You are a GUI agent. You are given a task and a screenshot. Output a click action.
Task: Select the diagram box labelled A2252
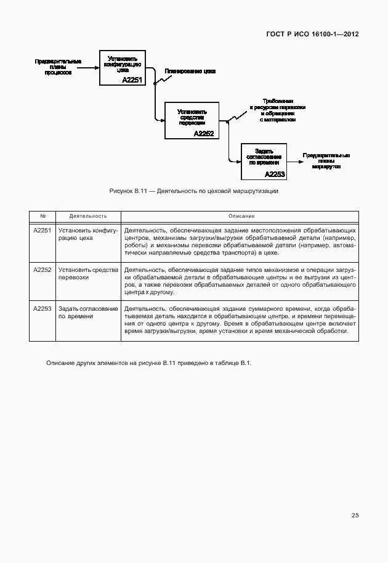tap(192, 120)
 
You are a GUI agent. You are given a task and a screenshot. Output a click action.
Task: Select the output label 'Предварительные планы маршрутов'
tap(326, 161)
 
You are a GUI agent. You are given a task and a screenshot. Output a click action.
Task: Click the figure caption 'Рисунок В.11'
tap(193, 192)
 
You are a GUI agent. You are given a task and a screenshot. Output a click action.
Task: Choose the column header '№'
tap(42, 216)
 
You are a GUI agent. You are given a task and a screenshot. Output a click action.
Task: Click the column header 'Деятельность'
tap(88, 216)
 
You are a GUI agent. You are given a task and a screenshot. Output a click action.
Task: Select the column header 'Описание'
tap(240, 216)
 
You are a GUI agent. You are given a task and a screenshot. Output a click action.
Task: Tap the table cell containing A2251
tap(42, 230)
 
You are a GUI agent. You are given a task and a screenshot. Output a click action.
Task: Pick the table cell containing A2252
tap(42, 269)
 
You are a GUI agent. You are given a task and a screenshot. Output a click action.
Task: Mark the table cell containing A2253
tap(42, 308)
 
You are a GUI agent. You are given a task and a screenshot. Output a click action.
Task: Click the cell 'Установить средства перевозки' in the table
tap(88, 273)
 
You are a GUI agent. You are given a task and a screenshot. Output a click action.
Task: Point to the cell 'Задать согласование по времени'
tap(88, 312)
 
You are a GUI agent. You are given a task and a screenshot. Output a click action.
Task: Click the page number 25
tap(355, 516)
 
